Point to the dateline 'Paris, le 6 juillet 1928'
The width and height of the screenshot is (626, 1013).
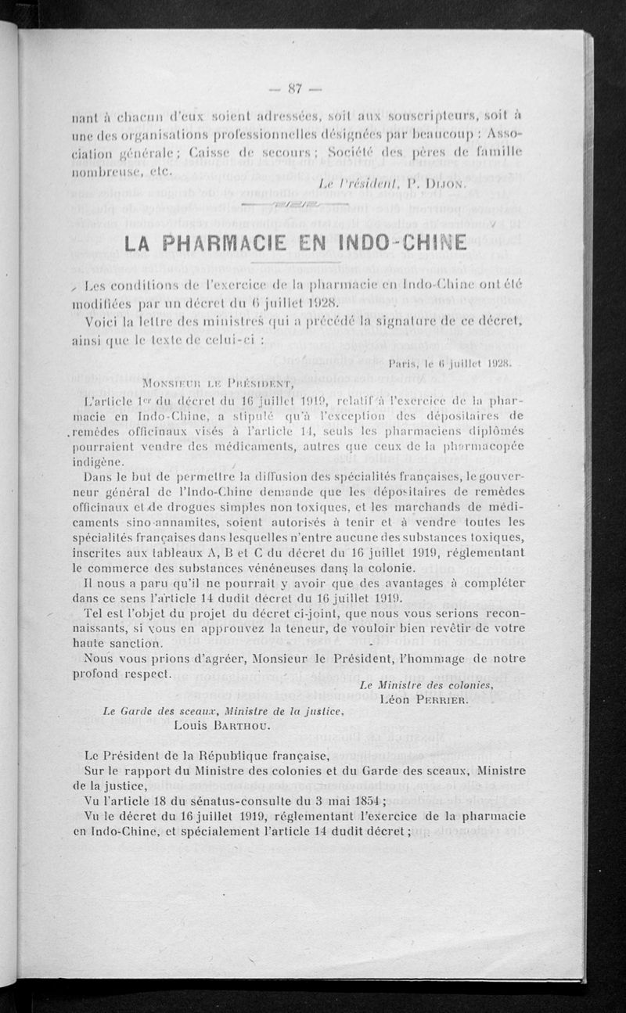[449, 362]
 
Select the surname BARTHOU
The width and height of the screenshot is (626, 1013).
[245, 725]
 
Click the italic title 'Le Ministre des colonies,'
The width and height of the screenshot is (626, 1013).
[426, 684]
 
